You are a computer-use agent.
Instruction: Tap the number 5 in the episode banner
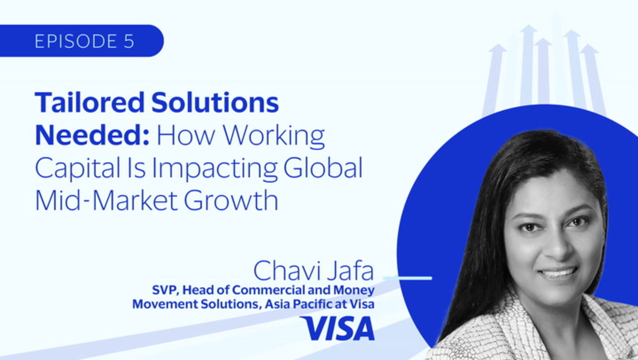tap(129, 41)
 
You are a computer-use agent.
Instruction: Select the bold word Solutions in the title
tap(215, 102)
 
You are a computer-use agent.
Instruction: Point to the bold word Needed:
tap(92, 135)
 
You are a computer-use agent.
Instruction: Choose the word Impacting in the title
tap(214, 169)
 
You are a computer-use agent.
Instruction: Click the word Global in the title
tap(323, 167)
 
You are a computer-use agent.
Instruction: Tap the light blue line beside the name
tap(408, 278)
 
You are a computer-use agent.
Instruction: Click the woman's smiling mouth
tap(558, 273)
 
